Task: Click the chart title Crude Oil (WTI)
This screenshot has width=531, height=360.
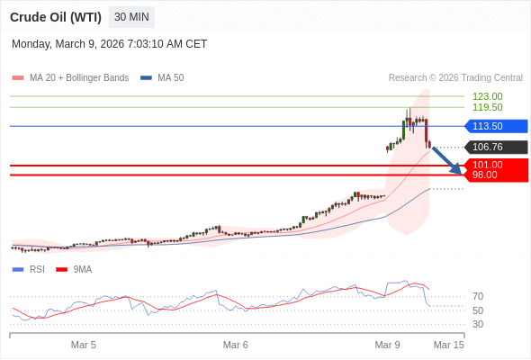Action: pos(56,17)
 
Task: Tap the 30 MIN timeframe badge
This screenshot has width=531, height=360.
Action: pos(131,17)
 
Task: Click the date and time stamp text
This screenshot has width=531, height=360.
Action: pos(109,44)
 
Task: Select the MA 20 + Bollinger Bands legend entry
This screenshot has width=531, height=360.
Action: pos(78,78)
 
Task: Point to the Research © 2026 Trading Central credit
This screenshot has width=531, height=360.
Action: pos(455,78)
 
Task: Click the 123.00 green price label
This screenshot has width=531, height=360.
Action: pos(487,96)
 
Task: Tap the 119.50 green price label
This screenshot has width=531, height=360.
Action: pos(487,107)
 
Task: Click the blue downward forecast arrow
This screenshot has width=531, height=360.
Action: pos(446,160)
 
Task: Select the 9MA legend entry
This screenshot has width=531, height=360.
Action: pos(82,269)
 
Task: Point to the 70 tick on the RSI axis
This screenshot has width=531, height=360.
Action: pos(478,296)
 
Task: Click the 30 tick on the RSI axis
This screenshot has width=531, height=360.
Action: pos(478,324)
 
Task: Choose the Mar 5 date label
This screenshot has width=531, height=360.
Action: pos(84,345)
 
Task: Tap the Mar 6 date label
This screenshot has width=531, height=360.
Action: pos(236,345)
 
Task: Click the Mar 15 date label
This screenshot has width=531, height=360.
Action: pos(448,345)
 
